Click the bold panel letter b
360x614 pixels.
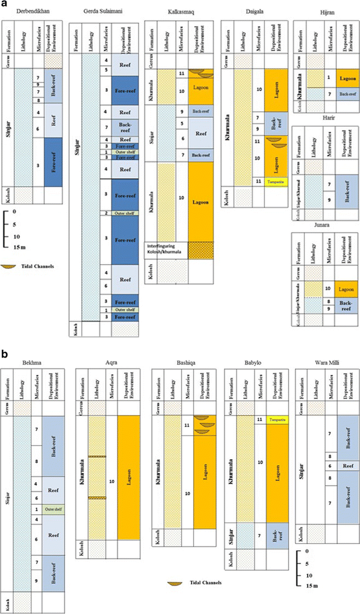click(5, 352)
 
